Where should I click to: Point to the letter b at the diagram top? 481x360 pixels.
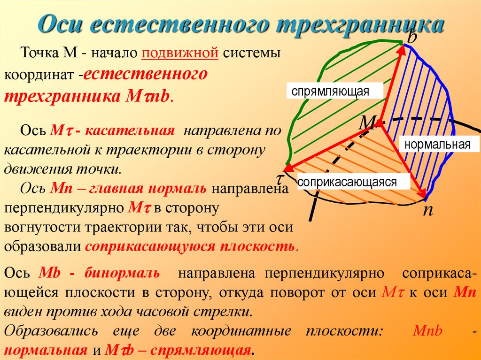[x=412, y=36]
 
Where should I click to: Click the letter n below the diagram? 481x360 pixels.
[x=427, y=210]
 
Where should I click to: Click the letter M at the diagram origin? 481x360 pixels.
[x=368, y=123]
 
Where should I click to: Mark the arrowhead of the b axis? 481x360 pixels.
[x=402, y=46]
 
